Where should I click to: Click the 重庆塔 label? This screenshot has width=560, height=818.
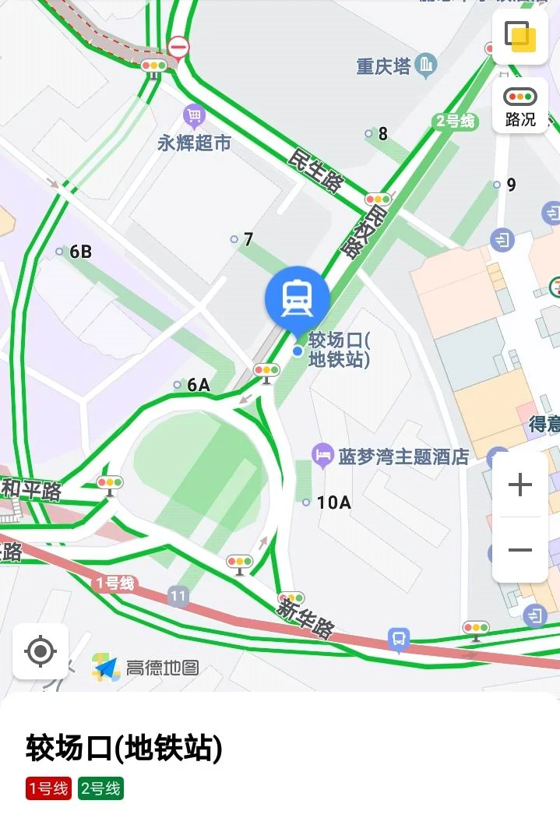[x=383, y=66]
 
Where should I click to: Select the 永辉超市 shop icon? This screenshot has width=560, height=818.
[x=194, y=117]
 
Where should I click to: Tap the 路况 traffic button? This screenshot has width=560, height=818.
[x=520, y=107]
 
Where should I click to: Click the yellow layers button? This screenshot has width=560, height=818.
[x=520, y=36]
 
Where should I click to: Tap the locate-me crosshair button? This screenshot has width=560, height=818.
[x=41, y=651]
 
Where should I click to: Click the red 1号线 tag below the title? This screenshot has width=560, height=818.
[x=48, y=788]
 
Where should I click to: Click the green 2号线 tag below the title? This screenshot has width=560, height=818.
[x=100, y=788]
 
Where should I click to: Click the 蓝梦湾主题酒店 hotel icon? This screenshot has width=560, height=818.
[x=322, y=456]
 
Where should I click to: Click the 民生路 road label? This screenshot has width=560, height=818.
[x=315, y=170]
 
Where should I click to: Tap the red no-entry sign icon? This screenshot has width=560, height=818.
[x=179, y=49]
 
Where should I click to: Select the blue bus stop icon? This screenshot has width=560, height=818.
[x=399, y=640]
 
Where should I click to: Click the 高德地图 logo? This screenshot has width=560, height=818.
[x=146, y=667]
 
